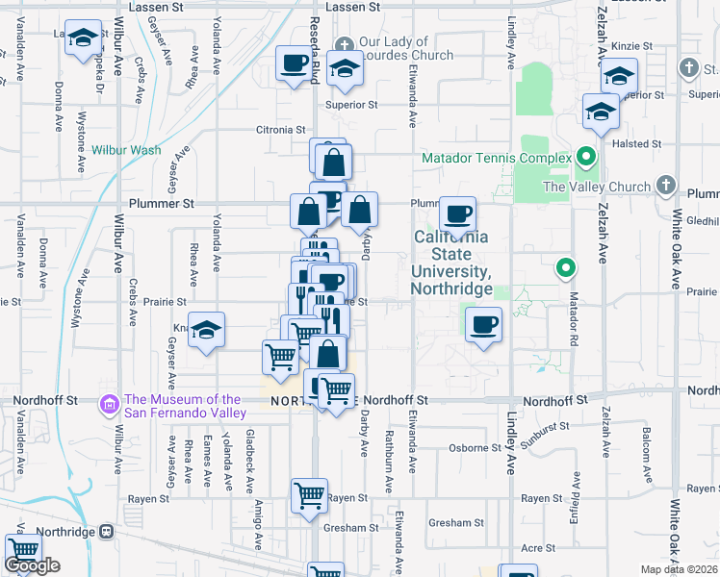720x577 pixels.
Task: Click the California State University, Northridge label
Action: click(451, 263)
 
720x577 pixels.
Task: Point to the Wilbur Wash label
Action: click(126, 150)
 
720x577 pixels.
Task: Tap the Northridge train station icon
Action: click(106, 531)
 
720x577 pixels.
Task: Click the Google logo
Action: click(32, 565)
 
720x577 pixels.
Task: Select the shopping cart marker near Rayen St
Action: click(309, 496)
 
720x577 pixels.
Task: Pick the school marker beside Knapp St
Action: click(206, 331)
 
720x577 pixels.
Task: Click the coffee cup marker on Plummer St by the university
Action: click(458, 213)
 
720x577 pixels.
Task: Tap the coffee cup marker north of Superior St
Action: click(294, 64)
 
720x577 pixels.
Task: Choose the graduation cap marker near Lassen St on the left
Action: click(84, 39)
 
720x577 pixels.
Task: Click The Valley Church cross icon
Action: click(665, 186)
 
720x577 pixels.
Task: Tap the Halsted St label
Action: click(642, 143)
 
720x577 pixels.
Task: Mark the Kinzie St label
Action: click(632, 45)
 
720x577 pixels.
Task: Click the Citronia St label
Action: click(279, 129)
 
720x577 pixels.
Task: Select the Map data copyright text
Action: click(680, 569)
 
